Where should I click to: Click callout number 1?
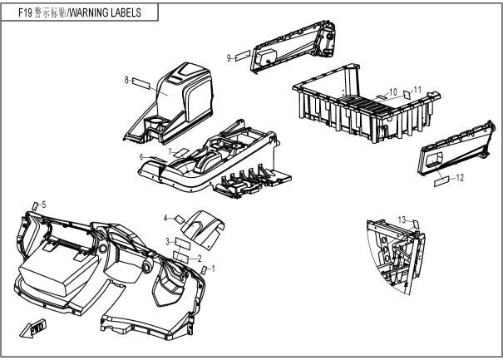coord(214,269)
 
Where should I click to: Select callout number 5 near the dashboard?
coord(44,205)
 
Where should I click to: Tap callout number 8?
coord(126,80)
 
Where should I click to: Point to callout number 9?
coord(229,58)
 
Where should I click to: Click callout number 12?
coord(460,178)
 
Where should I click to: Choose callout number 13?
coord(402,220)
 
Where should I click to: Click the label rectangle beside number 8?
coord(141,83)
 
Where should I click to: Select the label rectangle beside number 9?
coord(243,56)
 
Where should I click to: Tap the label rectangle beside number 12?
coord(441,181)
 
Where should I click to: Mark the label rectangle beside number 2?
coord(180,257)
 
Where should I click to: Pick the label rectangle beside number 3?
coord(183,244)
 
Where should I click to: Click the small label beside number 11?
coord(407,95)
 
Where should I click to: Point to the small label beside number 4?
coord(180,219)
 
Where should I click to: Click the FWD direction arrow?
coord(33,328)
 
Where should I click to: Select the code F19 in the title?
coord(25,12)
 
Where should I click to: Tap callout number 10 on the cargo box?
coord(393,92)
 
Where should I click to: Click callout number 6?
coord(141,157)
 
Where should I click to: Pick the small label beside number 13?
coord(416,224)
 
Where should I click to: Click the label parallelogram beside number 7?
coord(181,152)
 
